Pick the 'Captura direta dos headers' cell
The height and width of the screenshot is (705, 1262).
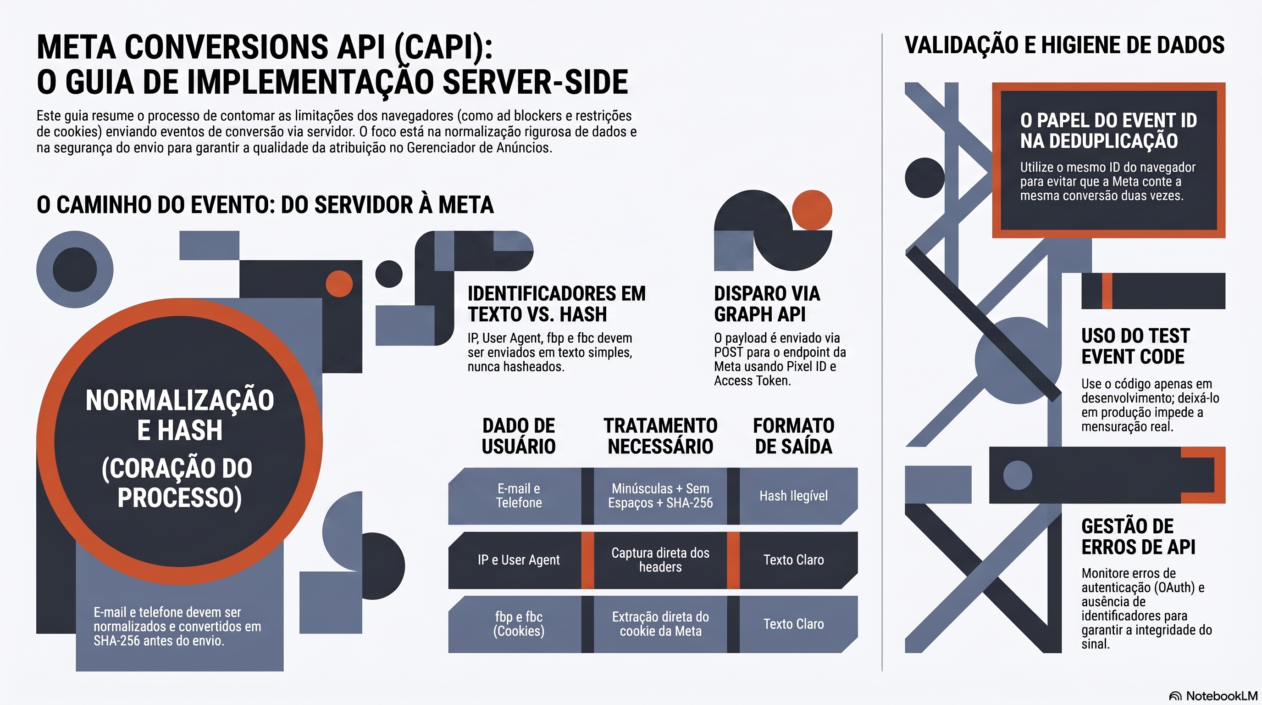pyautogui.click(x=660, y=560)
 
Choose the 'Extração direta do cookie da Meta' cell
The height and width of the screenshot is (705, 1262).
pyautogui.click(x=660, y=624)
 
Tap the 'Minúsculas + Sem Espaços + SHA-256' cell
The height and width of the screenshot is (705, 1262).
pyautogui.click(x=660, y=496)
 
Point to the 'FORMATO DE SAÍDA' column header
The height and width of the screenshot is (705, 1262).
pyautogui.click(x=794, y=436)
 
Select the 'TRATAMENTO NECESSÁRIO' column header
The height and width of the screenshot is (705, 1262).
pyautogui.click(x=660, y=436)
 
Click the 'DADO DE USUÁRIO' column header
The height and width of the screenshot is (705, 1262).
pyautogui.click(x=518, y=436)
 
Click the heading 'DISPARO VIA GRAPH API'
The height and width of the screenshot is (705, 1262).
pyautogui.click(x=767, y=304)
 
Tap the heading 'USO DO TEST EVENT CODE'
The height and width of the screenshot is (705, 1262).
pyautogui.click(x=1135, y=346)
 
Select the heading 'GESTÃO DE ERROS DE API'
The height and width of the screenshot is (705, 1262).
pyautogui.click(x=1139, y=537)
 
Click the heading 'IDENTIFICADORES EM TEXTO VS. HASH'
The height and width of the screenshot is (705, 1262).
pyautogui.click(x=557, y=304)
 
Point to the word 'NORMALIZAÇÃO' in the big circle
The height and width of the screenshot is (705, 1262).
pyautogui.click(x=180, y=401)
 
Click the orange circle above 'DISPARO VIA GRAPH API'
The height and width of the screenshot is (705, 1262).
pyautogui.click(x=812, y=210)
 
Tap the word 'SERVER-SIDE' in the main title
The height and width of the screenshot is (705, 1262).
pyautogui.click(x=536, y=82)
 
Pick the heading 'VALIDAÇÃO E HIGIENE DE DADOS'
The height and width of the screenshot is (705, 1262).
pyautogui.click(x=1064, y=45)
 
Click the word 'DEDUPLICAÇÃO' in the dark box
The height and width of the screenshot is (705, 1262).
pyautogui.click(x=1099, y=141)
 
